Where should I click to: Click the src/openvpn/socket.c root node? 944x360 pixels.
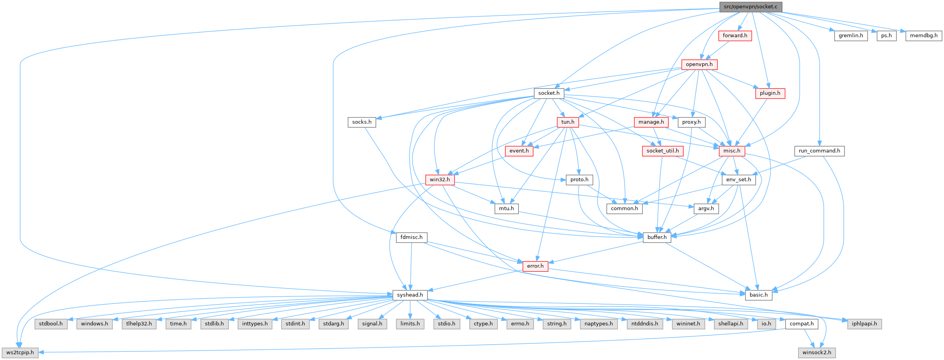click(751, 7)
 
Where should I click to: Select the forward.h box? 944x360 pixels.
click(735, 36)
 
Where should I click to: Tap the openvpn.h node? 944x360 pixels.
click(699, 64)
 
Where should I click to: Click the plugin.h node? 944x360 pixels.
click(770, 93)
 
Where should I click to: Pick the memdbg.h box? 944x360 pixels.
click(924, 36)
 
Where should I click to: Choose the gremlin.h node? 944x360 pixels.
click(851, 36)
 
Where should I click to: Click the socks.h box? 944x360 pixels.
click(362, 122)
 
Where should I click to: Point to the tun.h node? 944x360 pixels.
click(568, 122)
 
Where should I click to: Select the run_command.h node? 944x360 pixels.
click(819, 151)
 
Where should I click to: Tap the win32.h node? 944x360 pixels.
click(440, 180)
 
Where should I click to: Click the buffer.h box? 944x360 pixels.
click(657, 237)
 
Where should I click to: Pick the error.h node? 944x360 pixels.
click(535, 266)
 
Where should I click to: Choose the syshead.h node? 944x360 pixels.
click(410, 295)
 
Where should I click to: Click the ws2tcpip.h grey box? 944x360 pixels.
click(20, 353)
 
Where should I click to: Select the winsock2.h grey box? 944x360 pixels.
click(817, 353)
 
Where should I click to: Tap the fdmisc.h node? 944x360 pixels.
click(411, 237)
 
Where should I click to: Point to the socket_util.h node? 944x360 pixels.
click(662, 151)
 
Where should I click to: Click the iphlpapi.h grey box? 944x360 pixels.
click(864, 324)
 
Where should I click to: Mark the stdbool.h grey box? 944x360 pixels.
click(51, 324)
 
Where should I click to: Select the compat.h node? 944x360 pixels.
click(801, 324)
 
